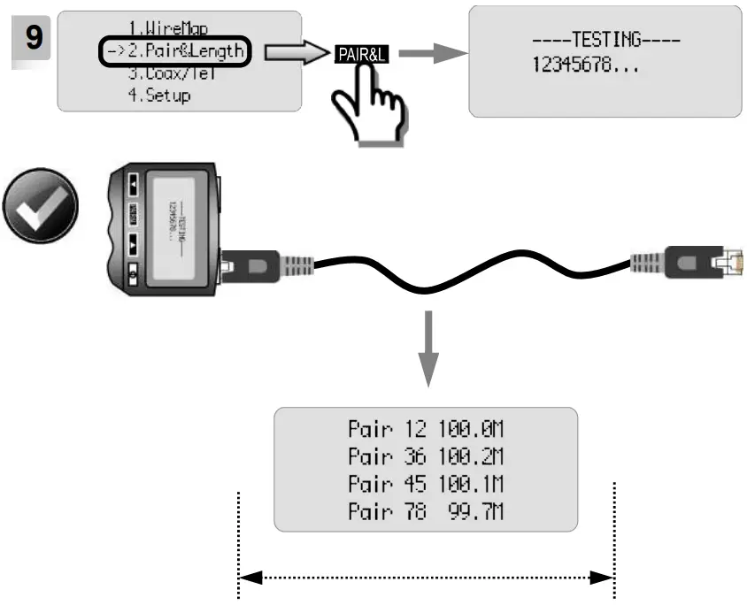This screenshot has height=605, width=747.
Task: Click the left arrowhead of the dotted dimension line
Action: [250, 578]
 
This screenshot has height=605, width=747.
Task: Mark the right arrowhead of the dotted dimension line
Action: [604, 578]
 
